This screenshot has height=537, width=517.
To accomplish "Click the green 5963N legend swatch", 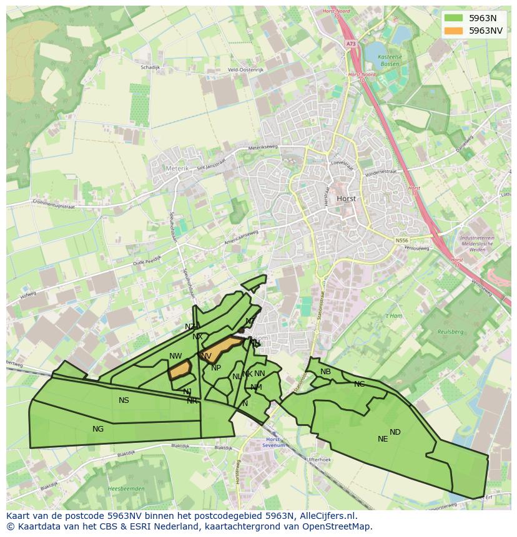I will pyautogui.click(x=453, y=18).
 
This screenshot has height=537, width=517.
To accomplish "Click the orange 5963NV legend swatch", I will pyautogui.click(x=453, y=30).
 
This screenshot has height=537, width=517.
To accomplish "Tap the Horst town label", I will pyautogui.click(x=346, y=198).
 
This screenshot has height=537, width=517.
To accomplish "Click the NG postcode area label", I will pyautogui.click(x=98, y=428).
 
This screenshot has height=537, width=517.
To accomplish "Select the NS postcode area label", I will pyautogui.click(x=124, y=400).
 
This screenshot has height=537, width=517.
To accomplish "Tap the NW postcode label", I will pyautogui.click(x=175, y=356).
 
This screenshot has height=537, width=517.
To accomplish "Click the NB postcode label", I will pyautogui.click(x=325, y=372).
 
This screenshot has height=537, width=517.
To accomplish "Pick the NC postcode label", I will pyautogui.click(x=359, y=384).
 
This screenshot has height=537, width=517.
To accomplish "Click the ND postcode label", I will pyautogui.click(x=395, y=432).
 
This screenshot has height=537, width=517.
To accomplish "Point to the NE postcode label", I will pyautogui.click(x=383, y=438).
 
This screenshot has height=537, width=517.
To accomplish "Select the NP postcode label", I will pyautogui.click(x=216, y=368).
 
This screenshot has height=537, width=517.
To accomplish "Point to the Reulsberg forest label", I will pyautogui.click(x=450, y=332).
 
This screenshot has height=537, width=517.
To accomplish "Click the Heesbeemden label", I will pyautogui.click(x=126, y=488).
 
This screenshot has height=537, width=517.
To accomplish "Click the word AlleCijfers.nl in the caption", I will pyautogui.click(x=325, y=516).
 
